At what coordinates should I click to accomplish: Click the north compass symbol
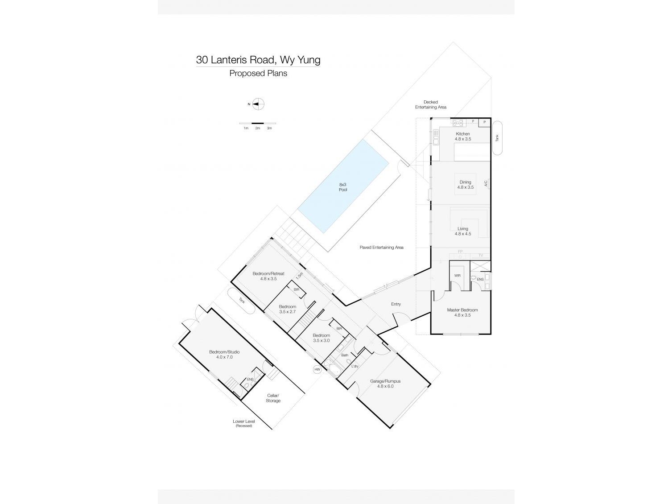pyautogui.click(x=258, y=104)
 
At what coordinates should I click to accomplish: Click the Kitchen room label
pyautogui.click(x=462, y=134)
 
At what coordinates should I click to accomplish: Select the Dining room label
pyautogui.click(x=465, y=182)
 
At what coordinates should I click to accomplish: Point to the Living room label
pyautogui.click(x=462, y=229)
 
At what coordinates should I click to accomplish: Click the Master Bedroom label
pyautogui.click(x=462, y=310)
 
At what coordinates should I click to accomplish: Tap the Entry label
pyautogui.click(x=396, y=304)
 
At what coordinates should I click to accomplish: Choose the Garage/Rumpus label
pyautogui.click(x=385, y=381)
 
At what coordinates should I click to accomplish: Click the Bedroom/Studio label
pyautogui.click(x=224, y=352)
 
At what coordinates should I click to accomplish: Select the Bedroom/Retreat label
pyautogui.click(x=268, y=273)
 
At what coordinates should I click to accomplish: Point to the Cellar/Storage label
pyautogui.click(x=273, y=398)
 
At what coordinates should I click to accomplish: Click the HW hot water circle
pyautogui.click(x=317, y=369)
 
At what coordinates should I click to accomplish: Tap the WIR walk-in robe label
pyautogui.click(x=457, y=276)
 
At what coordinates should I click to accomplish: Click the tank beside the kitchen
pyautogui.click(x=497, y=138)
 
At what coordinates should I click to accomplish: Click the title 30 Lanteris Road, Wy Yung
pyautogui.click(x=258, y=60)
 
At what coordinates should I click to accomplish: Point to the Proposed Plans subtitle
pyautogui.click(x=258, y=74)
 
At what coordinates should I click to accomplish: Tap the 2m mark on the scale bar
pyautogui.click(x=257, y=128)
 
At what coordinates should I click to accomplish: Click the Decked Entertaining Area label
pyautogui.click(x=430, y=104)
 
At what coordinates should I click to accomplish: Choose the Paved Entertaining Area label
pyautogui.click(x=381, y=247)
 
